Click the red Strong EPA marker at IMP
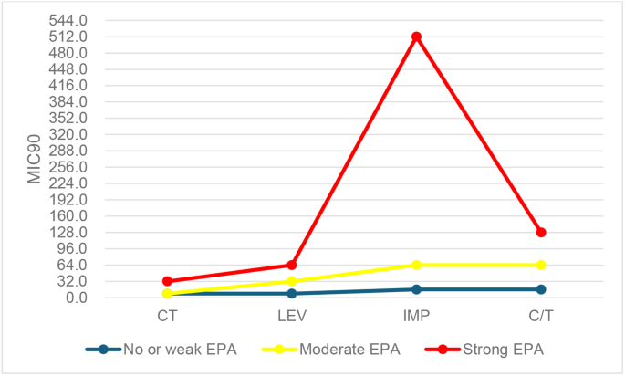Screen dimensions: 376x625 tap(416, 37)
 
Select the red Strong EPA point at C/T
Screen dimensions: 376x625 tap(541, 233)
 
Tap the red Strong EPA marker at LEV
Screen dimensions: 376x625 tap(292, 265)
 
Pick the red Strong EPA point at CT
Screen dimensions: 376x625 tap(167, 281)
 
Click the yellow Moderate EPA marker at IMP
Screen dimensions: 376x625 tap(416, 265)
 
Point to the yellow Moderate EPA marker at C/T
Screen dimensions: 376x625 tap(541, 265)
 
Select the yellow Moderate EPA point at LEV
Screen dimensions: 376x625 tap(292, 281)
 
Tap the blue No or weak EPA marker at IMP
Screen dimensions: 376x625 tap(416, 289)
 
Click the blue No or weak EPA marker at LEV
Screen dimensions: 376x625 tap(292, 293)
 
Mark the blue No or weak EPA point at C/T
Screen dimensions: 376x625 tap(541, 289)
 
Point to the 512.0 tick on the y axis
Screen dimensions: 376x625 tap(69, 37)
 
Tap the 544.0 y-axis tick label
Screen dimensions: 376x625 tap(69, 20)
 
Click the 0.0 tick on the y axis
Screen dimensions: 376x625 tap(78, 298)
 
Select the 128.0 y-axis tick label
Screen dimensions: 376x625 tap(69, 233)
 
